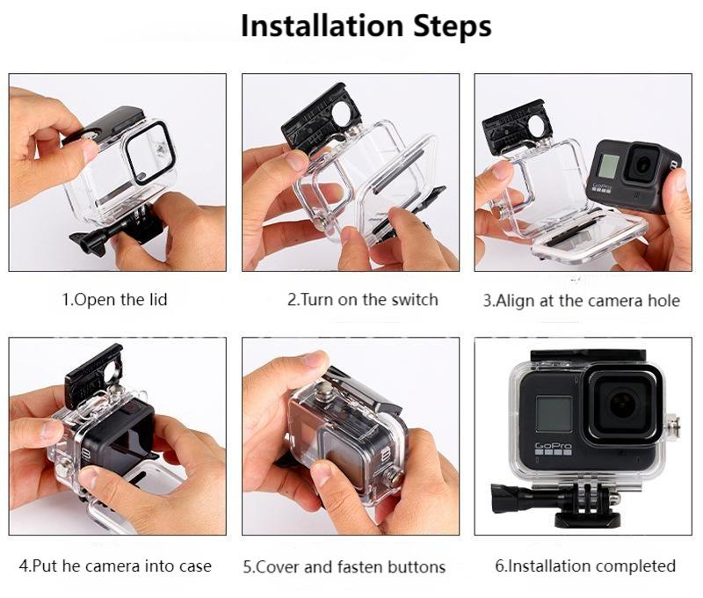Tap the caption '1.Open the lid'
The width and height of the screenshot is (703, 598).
tap(114, 300)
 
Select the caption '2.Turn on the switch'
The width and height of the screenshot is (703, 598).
tap(363, 300)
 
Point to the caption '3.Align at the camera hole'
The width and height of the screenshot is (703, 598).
tap(582, 301)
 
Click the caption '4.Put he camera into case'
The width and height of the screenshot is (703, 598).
tap(115, 565)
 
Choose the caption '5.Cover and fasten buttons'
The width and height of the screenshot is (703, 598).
tap(344, 566)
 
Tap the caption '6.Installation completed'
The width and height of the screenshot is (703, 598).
tap(583, 565)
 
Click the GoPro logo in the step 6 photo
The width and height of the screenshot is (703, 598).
tap(554, 448)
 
